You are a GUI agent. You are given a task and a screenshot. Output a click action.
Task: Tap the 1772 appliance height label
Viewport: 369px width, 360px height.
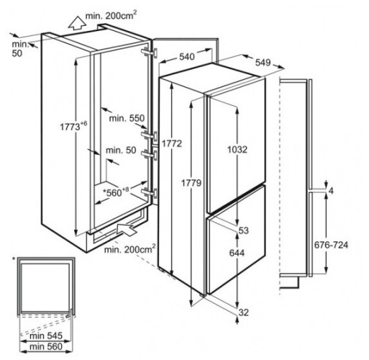tap(172, 143)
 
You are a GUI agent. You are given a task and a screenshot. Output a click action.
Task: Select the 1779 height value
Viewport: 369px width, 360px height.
tap(191, 183)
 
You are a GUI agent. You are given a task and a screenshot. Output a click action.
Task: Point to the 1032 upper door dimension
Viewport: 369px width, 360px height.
tap(237, 150)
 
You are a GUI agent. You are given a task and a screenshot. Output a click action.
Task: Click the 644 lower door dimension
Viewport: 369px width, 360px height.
tap(237, 253)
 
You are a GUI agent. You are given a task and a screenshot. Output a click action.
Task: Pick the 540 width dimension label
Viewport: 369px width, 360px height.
tap(187, 57)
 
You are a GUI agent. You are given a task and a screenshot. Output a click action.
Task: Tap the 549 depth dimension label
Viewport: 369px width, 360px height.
tap(263, 63)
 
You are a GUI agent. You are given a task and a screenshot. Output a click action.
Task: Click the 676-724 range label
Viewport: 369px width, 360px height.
tap(331, 245)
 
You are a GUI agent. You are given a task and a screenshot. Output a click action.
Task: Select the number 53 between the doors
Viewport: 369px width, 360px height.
tap(244, 230)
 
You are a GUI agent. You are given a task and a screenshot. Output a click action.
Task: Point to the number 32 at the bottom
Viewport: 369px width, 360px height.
tap(244, 312)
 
